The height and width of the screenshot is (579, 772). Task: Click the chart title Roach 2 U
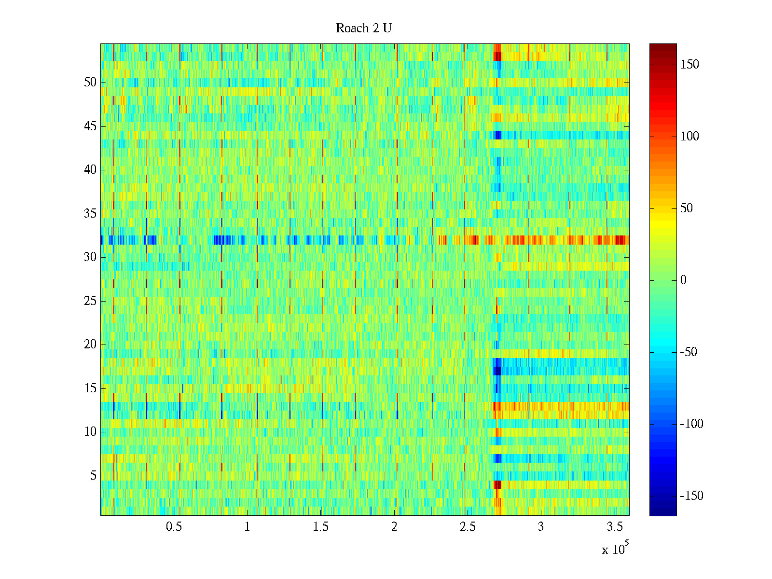[364, 28]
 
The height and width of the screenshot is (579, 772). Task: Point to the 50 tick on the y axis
[90, 83]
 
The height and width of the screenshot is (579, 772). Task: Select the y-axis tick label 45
[90, 126]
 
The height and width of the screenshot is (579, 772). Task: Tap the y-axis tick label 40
[90, 170]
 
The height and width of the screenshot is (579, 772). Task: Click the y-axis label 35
[90, 213]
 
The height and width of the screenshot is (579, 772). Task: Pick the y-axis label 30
[90, 257]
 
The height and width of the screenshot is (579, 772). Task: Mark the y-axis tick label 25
[90, 301]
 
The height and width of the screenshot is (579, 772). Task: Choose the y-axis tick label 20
[90, 345]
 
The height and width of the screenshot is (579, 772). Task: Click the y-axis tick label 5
[93, 476]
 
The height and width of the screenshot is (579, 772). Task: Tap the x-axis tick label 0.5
[174, 527]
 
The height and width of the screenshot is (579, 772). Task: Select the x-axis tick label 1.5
[320, 527]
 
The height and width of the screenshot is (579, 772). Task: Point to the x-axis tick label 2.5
[468, 527]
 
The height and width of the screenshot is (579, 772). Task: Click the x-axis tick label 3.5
[614, 527]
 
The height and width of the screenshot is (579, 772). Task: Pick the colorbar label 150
[689, 65]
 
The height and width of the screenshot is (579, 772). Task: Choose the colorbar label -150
[691, 496]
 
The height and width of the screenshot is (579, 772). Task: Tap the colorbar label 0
[683, 280]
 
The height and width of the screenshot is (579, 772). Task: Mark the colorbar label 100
[689, 137]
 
